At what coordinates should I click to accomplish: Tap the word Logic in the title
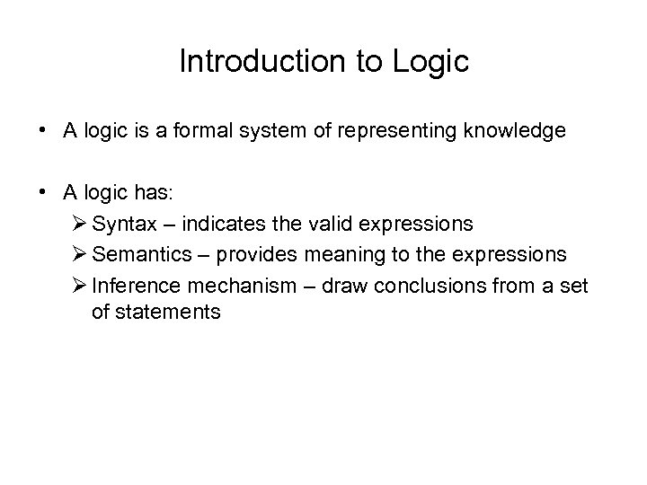[x=431, y=61]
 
